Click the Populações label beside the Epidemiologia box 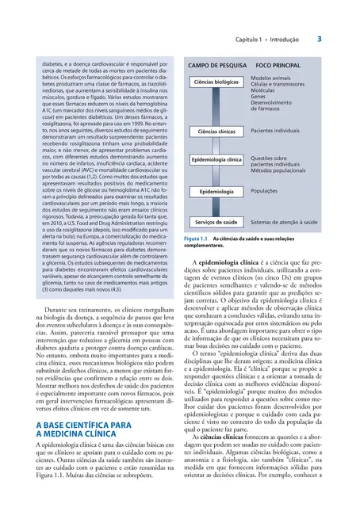click(x=267, y=191)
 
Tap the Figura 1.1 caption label click(x=194, y=239)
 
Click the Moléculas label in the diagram click(x=265, y=91)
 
